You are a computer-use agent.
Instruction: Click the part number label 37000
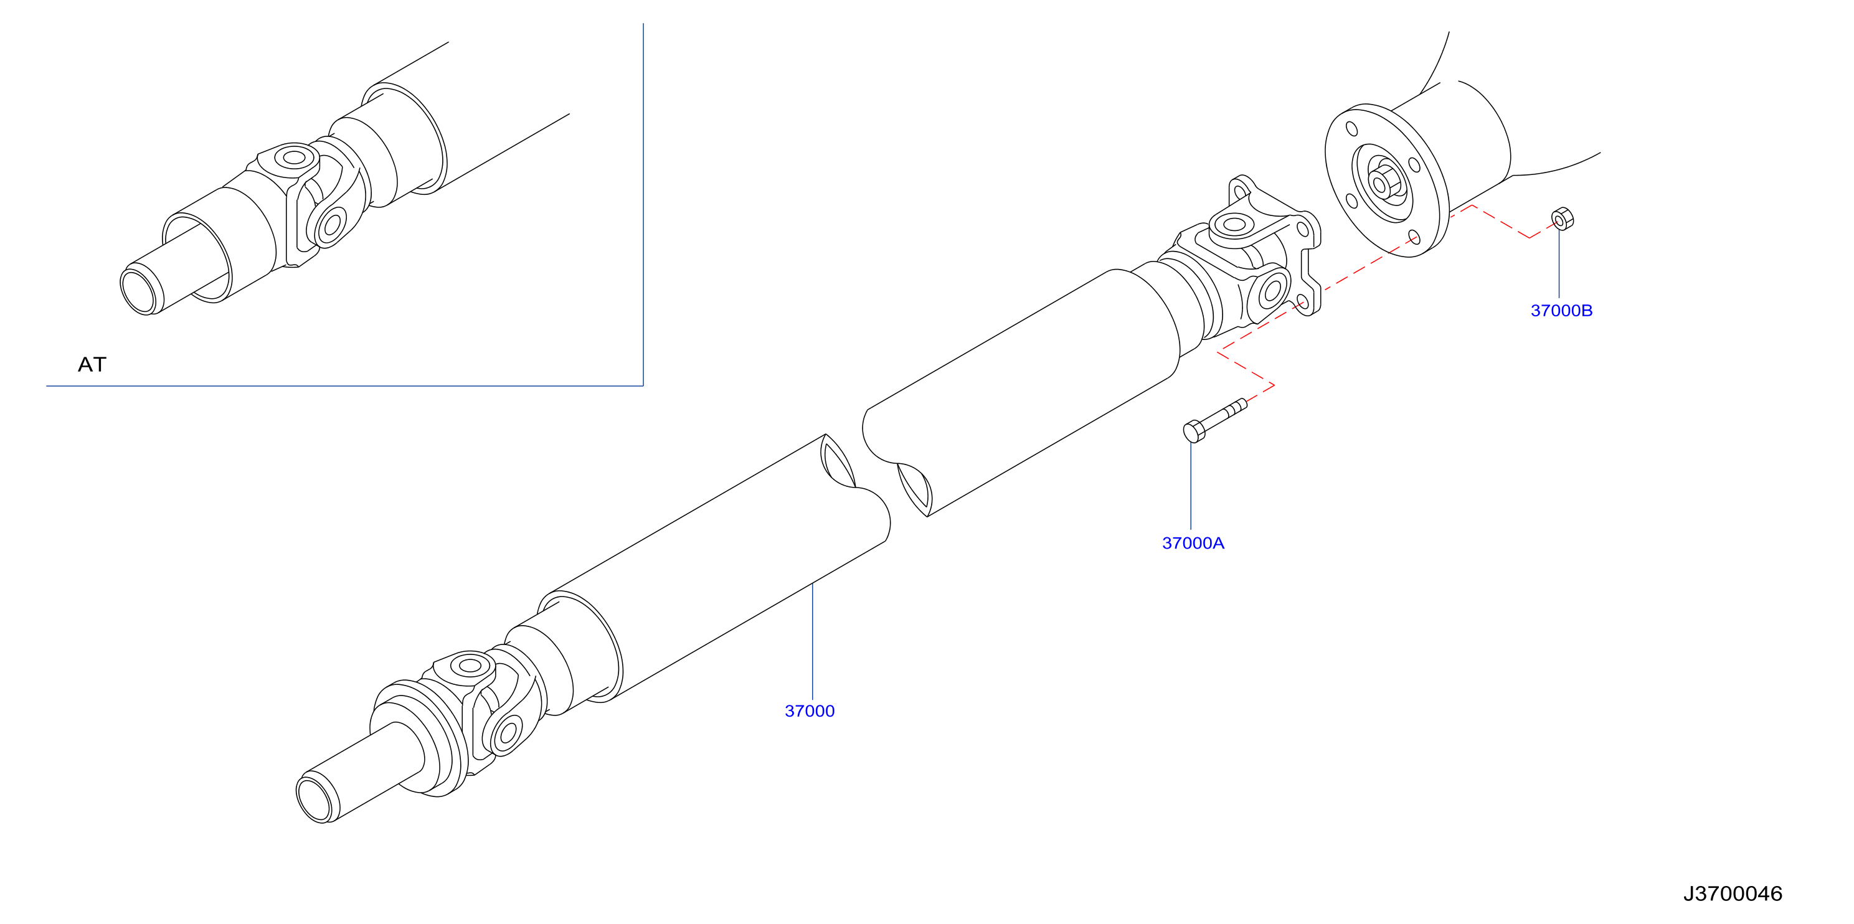[x=810, y=711]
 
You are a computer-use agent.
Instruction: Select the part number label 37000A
[x=1193, y=544]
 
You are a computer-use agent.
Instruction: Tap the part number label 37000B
[x=1561, y=311]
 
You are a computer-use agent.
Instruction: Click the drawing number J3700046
[x=1733, y=893]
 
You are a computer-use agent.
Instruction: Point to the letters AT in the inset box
[x=92, y=365]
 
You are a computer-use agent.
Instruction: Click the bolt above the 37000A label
[x=1215, y=420]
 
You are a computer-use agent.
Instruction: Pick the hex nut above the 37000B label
[x=1563, y=219]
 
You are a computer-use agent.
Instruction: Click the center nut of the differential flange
[x=1381, y=184]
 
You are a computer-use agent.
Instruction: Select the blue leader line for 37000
[x=813, y=641]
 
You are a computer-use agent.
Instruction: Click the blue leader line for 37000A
[x=1191, y=486]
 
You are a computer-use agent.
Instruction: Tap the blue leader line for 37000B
[x=1559, y=263]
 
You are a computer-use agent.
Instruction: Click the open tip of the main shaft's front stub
[x=316, y=798]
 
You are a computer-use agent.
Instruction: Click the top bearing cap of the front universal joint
[x=469, y=666]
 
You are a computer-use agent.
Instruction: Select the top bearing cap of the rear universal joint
[x=1234, y=225]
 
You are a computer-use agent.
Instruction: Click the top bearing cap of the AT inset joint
[x=294, y=157]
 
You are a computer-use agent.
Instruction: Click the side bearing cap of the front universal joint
[x=508, y=734]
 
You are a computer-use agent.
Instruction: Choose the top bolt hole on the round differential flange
[x=1351, y=129]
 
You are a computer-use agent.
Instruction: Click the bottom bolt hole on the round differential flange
[x=1414, y=238]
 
